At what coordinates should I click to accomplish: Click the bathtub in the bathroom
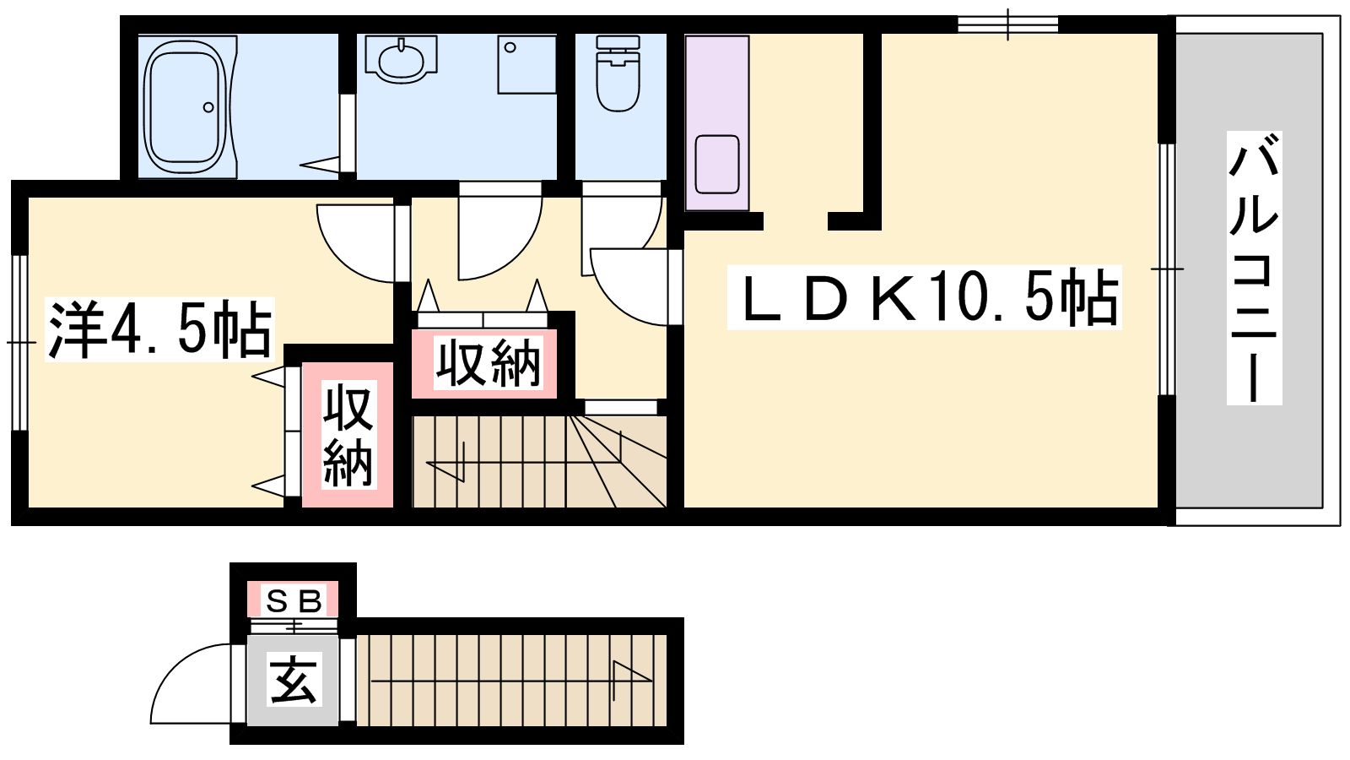(x=185, y=106)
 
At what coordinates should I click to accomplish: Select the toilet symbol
(x=617, y=73)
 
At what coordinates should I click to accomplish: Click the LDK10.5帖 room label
(x=924, y=297)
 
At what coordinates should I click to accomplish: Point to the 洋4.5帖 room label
(x=159, y=329)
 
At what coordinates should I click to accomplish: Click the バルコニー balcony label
(x=1254, y=268)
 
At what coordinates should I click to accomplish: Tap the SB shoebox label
(x=294, y=600)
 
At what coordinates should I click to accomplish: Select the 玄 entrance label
(x=294, y=679)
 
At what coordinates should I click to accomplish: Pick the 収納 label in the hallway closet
(x=489, y=363)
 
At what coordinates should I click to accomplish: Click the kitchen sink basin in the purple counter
(x=716, y=164)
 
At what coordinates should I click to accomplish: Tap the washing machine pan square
(x=526, y=64)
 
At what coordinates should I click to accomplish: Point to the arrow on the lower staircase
(x=512, y=681)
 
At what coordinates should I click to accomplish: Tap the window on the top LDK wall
(x=1007, y=24)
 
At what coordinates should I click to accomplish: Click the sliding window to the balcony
(x=1168, y=269)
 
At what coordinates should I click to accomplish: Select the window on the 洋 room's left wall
(x=20, y=343)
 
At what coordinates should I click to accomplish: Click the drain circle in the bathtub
(x=208, y=107)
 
